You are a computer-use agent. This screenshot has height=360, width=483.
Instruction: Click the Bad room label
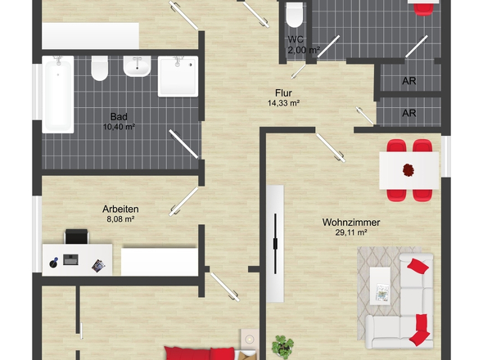pos(119,117)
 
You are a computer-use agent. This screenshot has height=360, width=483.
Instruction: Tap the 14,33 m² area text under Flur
pos(283,103)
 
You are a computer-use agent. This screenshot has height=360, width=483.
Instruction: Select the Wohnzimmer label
pos(351,223)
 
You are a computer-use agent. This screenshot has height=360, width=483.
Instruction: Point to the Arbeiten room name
pos(120,209)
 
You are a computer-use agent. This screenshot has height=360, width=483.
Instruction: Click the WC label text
pos(296,39)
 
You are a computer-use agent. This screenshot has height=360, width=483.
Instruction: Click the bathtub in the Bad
pos(58,95)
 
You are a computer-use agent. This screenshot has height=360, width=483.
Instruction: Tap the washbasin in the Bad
pos(137,66)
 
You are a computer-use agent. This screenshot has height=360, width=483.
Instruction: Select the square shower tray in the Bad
pos(178,76)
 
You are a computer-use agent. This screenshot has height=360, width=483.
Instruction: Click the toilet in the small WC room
pos(295,15)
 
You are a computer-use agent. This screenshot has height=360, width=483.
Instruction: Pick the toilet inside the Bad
pos(100,68)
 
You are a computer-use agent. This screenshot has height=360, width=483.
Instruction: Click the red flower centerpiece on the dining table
pos(409,170)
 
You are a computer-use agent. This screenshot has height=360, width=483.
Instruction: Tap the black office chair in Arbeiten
pos(76,236)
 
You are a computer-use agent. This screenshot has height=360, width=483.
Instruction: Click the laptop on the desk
pos(70,259)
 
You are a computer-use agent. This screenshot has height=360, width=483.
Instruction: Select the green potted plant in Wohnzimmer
pos(282,346)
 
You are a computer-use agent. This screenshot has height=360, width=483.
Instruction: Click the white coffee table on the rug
pos(380,286)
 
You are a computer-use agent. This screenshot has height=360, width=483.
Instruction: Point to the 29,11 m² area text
pos(351,232)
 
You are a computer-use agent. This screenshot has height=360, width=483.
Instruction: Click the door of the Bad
pos(183,144)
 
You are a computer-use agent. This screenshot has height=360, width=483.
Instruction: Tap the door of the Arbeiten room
pos(183,201)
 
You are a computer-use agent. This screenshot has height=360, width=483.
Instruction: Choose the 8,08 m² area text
pos(120,219)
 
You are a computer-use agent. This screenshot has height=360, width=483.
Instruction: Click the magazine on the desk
pos(98,266)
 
